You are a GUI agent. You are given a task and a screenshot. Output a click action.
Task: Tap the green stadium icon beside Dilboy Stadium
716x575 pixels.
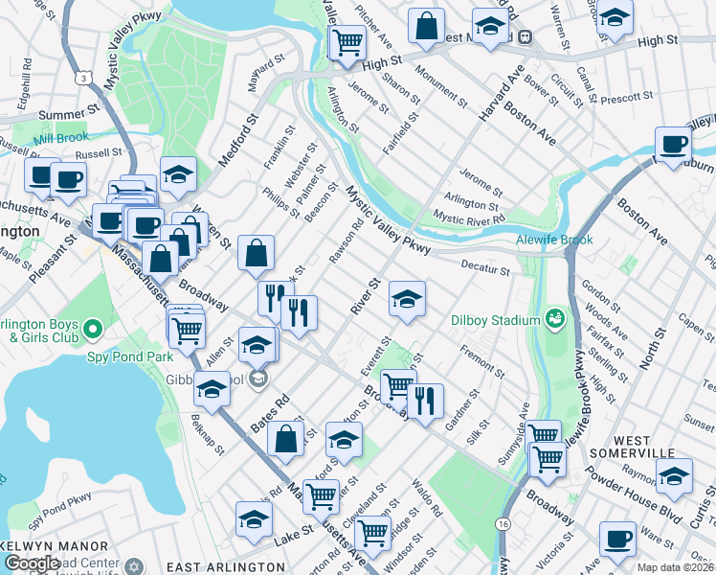(553, 318)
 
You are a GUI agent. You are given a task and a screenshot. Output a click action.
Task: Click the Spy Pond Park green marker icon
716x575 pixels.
(92, 331)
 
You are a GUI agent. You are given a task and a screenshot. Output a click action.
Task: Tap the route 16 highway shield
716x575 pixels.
(503, 524)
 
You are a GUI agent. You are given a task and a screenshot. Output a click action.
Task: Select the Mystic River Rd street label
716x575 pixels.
(469, 219)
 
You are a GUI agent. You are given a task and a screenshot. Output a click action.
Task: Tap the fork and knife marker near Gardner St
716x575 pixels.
(425, 401)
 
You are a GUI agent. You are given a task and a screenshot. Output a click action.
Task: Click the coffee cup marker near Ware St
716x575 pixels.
(617, 540)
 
